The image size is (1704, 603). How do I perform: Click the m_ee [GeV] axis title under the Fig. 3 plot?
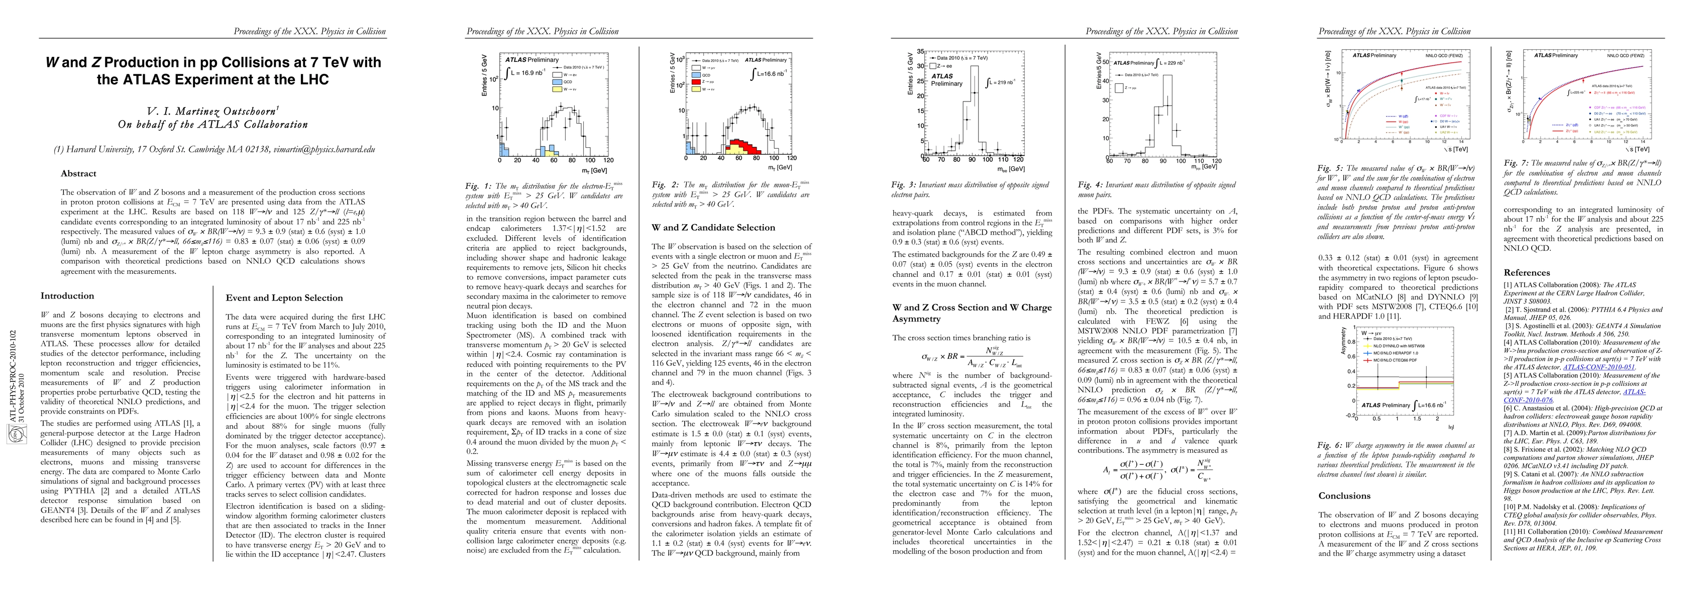coord(1011,169)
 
